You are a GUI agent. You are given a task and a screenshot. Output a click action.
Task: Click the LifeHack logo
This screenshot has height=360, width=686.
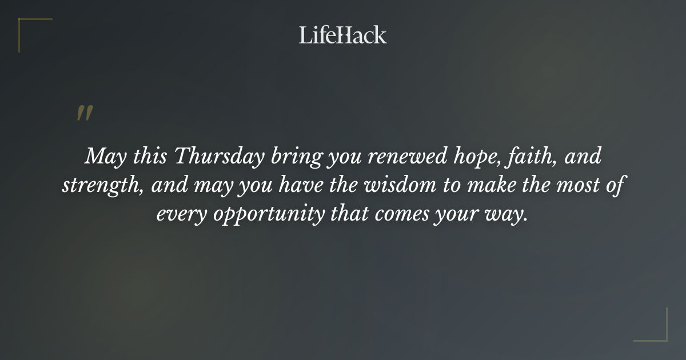tap(343, 35)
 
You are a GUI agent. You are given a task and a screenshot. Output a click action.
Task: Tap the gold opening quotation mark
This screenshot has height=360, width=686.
tap(84, 113)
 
